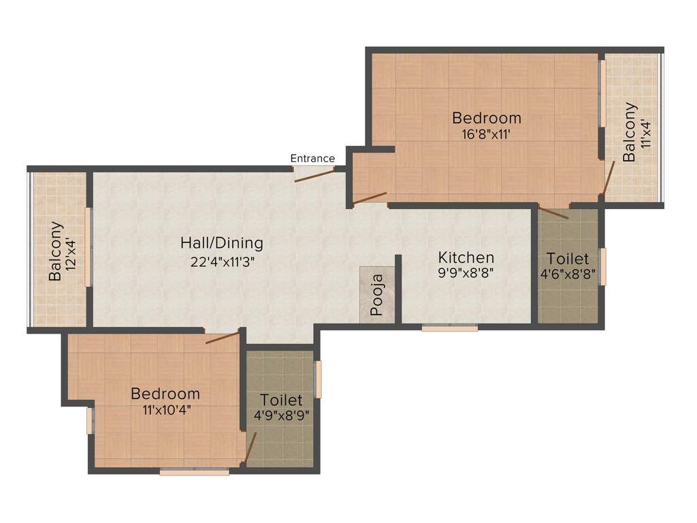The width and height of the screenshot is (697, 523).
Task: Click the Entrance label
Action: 312,159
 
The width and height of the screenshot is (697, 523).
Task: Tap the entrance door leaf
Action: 314,174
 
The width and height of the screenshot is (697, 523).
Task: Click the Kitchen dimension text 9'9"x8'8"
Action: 466,272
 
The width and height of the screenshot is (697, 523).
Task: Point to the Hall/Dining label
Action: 221,243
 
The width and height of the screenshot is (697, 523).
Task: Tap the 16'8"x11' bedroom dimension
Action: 486,134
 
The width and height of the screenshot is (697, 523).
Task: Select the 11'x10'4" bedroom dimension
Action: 165,409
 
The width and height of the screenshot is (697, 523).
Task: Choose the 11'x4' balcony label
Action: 631,131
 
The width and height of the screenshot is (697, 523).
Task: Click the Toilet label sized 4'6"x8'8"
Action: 568,259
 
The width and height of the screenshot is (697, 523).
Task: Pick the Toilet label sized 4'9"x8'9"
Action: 281,400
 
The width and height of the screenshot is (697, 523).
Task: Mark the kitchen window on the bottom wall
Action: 449,328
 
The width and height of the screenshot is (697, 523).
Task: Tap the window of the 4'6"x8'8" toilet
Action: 602,266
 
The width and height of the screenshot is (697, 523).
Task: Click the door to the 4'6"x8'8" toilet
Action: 553,211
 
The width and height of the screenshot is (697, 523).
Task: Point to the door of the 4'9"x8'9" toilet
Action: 250,447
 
